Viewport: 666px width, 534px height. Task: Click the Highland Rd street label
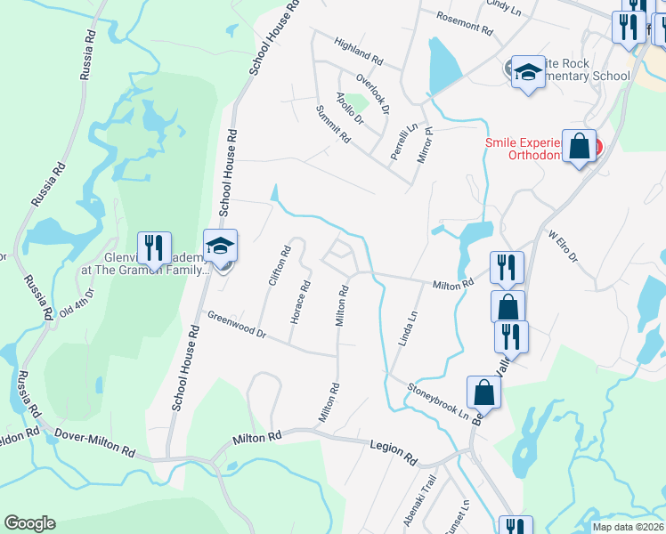358,52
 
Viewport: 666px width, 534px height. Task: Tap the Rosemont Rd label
464,23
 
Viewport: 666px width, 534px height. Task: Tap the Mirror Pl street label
424,144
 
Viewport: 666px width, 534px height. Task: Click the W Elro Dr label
563,247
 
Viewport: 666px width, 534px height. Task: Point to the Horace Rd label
298,302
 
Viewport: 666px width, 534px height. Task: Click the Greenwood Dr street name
237,324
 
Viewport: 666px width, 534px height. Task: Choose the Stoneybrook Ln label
438,400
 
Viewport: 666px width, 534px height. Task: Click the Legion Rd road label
392,451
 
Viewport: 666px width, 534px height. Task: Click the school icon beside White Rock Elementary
528,72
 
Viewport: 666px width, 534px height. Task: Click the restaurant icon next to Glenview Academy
154,252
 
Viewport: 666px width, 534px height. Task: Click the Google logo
29,523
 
